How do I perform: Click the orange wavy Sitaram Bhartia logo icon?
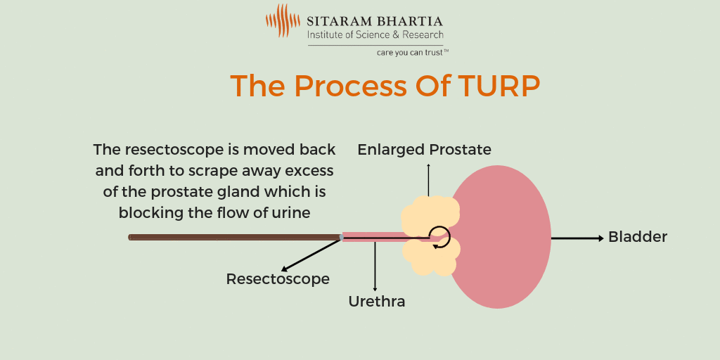click(283, 21)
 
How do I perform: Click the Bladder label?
click(637, 237)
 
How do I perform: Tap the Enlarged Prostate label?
click(424, 150)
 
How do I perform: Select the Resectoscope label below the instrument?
click(278, 279)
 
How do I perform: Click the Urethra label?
click(377, 302)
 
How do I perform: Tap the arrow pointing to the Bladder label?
click(577, 238)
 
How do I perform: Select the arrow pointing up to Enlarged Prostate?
click(428, 179)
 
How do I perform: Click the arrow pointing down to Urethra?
click(375, 267)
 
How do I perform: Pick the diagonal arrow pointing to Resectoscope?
click(309, 255)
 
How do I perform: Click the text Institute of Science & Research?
click(375, 34)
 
